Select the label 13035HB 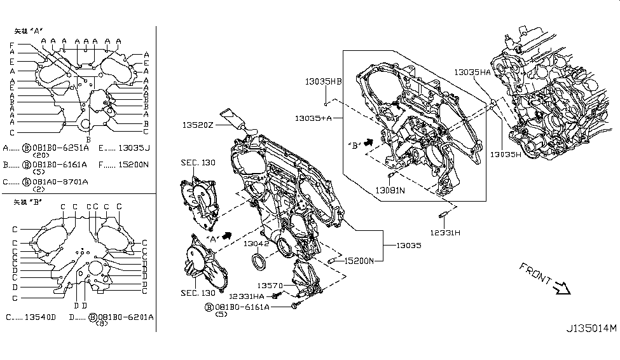[x=323, y=81]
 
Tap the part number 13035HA [x=472, y=73]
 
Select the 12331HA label [x=247, y=296]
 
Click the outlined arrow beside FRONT [x=562, y=290]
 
